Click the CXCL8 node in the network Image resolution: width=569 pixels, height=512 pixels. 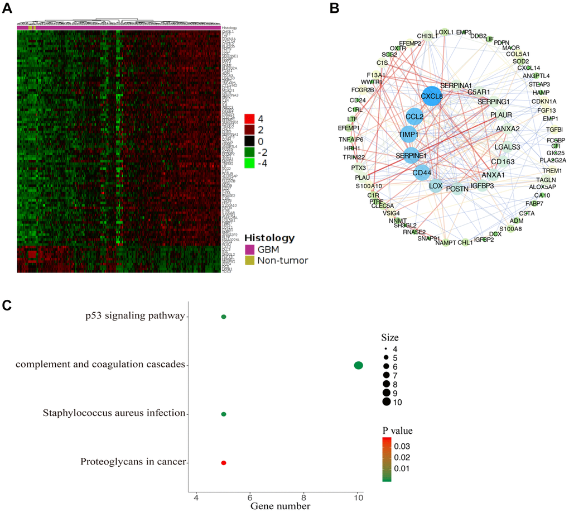[431, 96]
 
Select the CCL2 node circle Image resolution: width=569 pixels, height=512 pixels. [414, 117]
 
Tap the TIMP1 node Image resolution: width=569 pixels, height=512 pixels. [409, 135]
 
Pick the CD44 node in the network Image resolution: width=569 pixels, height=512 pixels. [422, 173]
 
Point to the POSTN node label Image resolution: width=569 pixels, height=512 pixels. [457, 189]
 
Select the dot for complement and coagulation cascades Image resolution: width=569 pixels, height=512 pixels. [359, 365]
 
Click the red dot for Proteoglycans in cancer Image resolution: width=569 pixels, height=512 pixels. [224, 463]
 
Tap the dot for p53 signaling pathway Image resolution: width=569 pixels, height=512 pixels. [224, 317]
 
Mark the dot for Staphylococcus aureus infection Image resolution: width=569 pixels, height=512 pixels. [224, 414]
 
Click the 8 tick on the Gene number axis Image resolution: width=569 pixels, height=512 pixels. [304, 496]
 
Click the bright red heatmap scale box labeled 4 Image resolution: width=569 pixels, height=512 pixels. [249, 119]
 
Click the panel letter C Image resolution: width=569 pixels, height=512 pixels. [7, 305]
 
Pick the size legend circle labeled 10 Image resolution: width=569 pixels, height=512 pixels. [387, 402]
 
